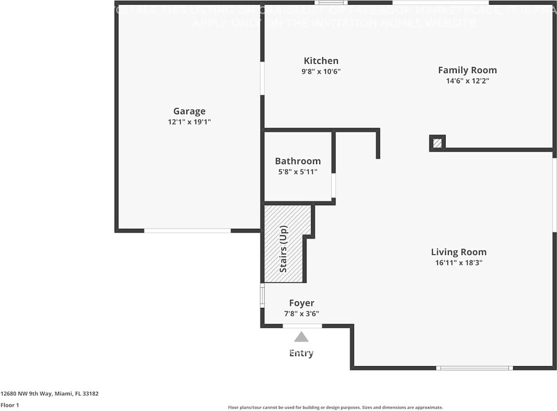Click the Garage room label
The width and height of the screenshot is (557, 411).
(189, 111)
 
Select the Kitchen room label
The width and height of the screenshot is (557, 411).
(321, 61)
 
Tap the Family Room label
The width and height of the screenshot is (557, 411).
(467, 70)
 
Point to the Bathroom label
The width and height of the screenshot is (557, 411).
(298, 161)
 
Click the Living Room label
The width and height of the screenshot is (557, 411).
(459, 252)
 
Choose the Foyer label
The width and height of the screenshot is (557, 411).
(301, 303)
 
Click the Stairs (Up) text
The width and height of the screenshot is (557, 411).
(283, 249)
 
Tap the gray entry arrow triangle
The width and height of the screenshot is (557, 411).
(301, 337)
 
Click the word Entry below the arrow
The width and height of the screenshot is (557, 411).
(301, 353)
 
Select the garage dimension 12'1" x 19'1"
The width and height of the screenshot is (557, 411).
(189, 122)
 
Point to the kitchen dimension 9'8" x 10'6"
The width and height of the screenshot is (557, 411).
(321, 72)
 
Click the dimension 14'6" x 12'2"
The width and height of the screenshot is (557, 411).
(467, 81)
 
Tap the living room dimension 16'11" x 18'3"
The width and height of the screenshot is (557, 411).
(459, 263)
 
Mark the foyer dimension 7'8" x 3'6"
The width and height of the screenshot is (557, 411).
(301, 313)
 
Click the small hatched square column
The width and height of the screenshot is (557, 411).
(437, 143)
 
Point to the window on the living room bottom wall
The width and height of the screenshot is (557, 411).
(474, 368)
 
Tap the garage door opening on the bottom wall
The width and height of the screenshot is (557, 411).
(187, 230)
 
